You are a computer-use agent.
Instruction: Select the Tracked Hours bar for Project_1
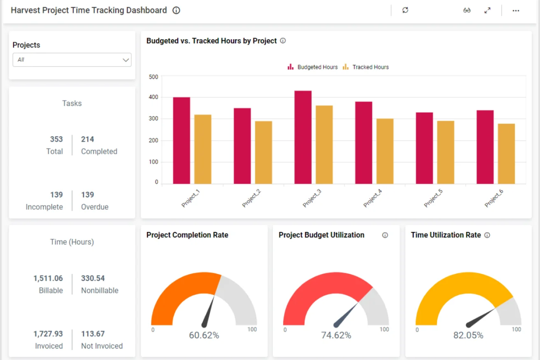202,149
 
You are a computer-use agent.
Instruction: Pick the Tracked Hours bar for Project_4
385,151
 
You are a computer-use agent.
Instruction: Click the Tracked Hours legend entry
366,67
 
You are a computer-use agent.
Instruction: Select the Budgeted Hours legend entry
313,67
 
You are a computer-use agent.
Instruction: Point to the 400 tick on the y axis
153,97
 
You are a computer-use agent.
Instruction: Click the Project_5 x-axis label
433,198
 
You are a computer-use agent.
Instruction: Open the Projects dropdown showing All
72,60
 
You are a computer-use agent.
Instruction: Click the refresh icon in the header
405,10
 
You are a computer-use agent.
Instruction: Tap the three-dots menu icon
516,11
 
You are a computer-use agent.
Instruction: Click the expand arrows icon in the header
487,11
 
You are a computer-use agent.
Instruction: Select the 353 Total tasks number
57,139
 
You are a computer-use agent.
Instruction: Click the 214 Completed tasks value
88,139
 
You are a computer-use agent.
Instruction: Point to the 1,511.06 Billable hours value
48,278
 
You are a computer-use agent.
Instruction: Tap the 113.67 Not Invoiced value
93,334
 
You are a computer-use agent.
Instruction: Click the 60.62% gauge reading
204,335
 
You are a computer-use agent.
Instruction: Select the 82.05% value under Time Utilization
468,335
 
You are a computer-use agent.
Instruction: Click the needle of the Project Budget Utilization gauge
347,314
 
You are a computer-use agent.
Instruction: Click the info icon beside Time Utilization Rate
487,235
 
